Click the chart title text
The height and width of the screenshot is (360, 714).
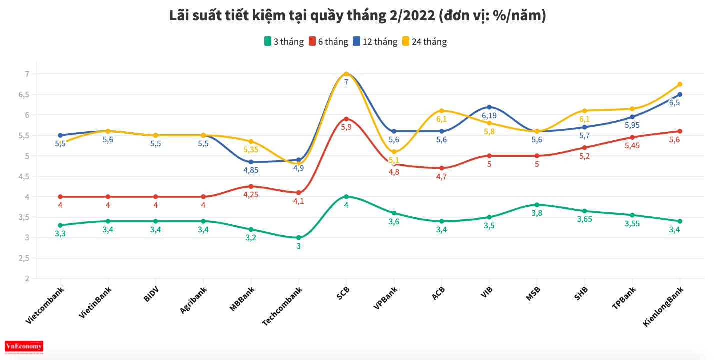[357, 16]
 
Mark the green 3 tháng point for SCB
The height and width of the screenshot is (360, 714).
[346, 197]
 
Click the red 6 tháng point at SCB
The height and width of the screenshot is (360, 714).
[346, 119]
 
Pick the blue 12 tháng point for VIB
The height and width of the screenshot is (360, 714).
[489, 107]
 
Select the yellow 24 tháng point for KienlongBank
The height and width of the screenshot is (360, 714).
[680, 84]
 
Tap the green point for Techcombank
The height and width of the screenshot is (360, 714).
[299, 238]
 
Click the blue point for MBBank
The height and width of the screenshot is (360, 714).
[251, 162]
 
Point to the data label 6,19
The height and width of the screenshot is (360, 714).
[489, 115]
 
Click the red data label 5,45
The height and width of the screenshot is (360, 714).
[632, 146]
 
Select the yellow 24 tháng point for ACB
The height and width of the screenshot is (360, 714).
[442, 111]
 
